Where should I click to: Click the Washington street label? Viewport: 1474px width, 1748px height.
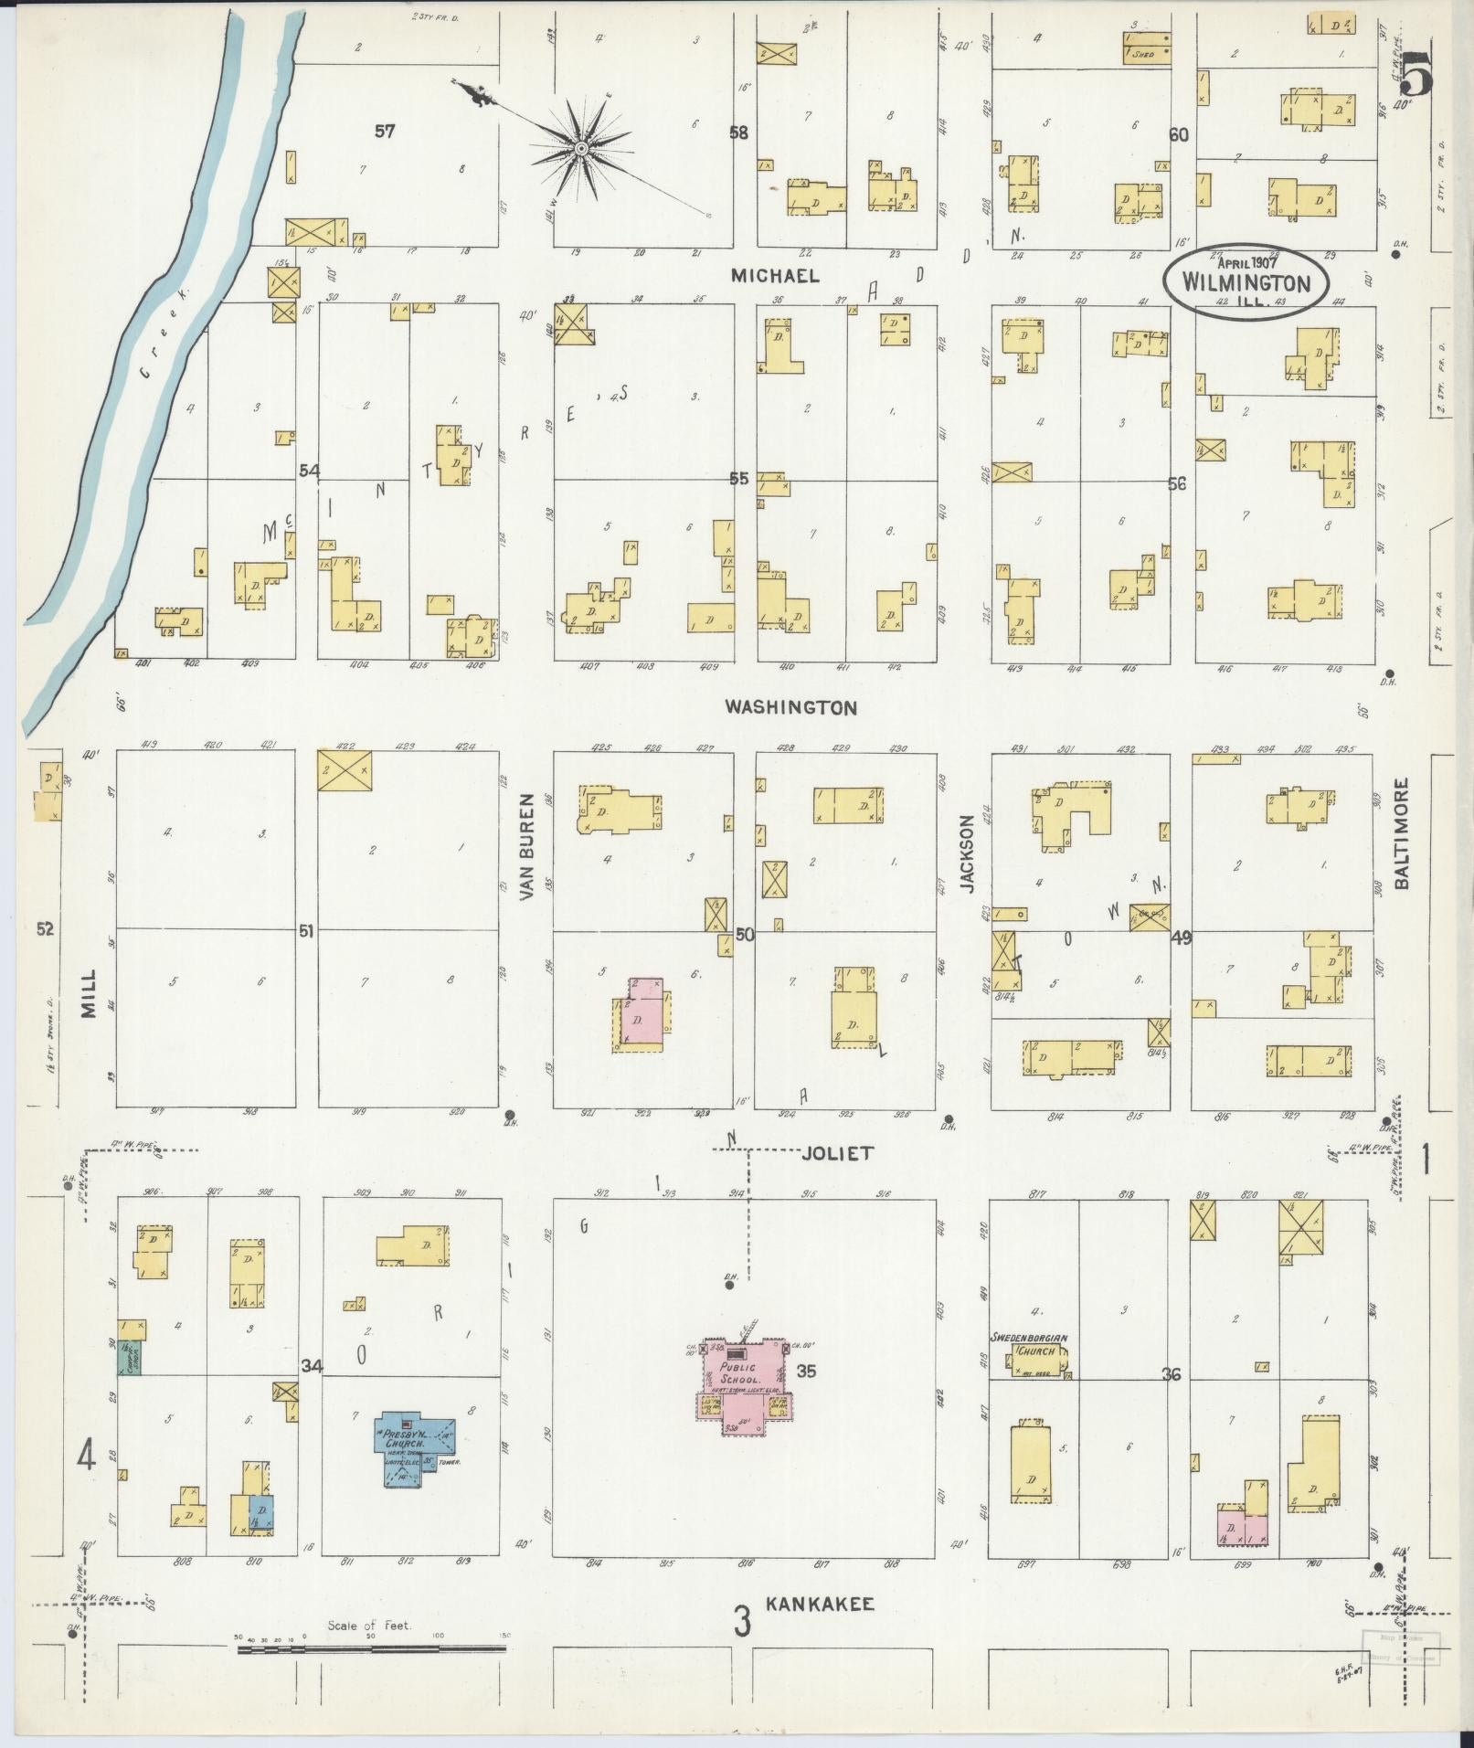point(790,707)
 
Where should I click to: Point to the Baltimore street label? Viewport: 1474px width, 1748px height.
point(1402,832)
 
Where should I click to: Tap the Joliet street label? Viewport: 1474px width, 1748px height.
point(837,1153)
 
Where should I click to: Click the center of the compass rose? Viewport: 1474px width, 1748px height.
point(581,147)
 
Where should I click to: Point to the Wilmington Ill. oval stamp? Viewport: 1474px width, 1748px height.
point(1245,282)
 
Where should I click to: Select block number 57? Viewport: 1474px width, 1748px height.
point(385,132)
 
